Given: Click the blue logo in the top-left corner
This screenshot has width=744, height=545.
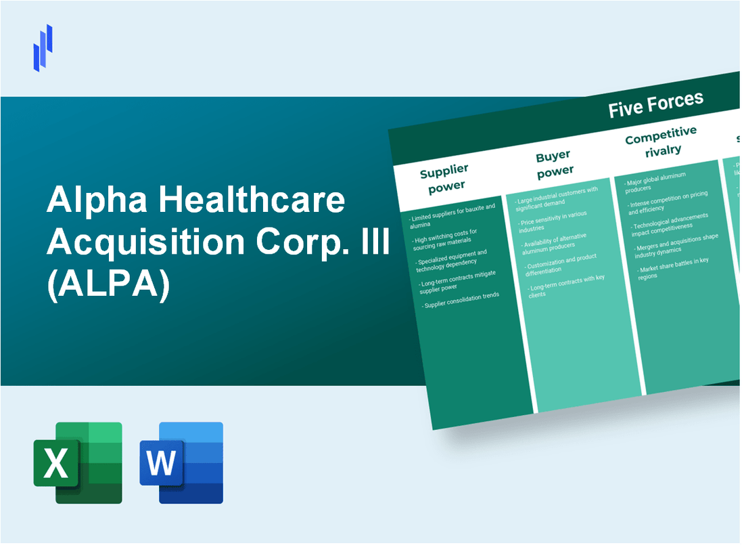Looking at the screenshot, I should (43, 47).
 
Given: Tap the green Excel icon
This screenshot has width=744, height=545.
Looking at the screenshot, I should (78, 462).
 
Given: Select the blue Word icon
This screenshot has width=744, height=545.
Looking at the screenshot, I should (181, 462).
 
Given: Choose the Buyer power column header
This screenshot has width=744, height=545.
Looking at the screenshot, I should (554, 163).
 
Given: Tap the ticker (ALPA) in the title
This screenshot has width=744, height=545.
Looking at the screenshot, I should (108, 284).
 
